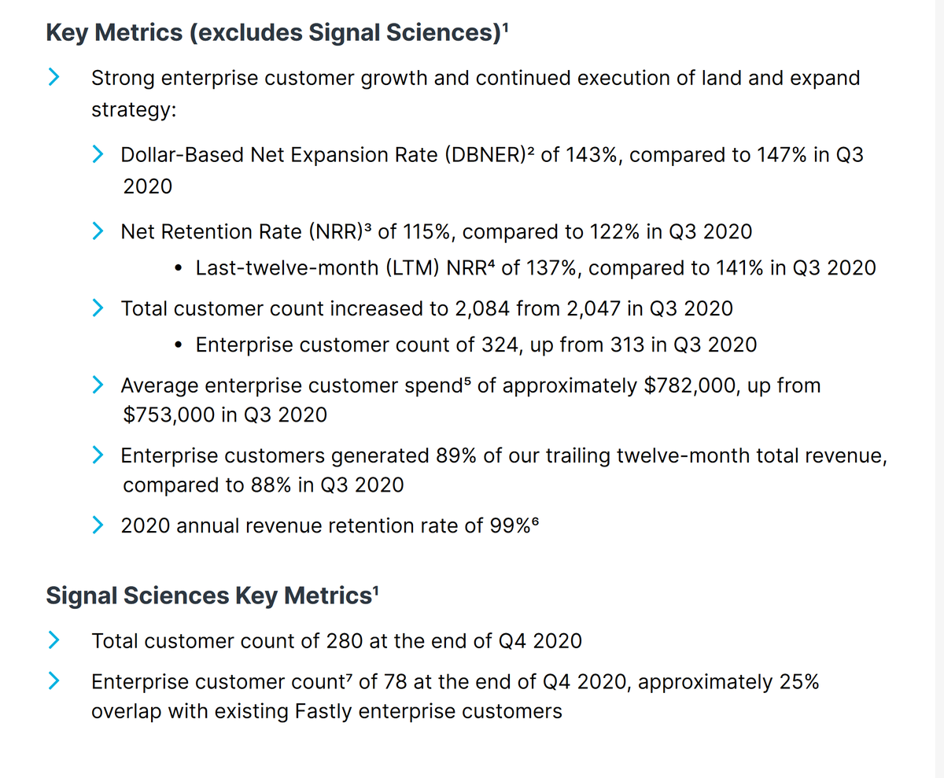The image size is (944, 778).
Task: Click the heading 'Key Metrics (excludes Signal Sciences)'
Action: point(275,33)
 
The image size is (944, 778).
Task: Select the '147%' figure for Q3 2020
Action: point(782,155)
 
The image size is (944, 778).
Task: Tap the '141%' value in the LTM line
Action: point(740,268)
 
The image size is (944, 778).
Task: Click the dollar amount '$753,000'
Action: point(170,415)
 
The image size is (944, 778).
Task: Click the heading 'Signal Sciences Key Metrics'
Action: point(208,595)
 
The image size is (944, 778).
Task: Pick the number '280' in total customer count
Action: point(344,641)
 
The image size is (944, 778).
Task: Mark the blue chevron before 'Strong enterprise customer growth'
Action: point(53,77)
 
